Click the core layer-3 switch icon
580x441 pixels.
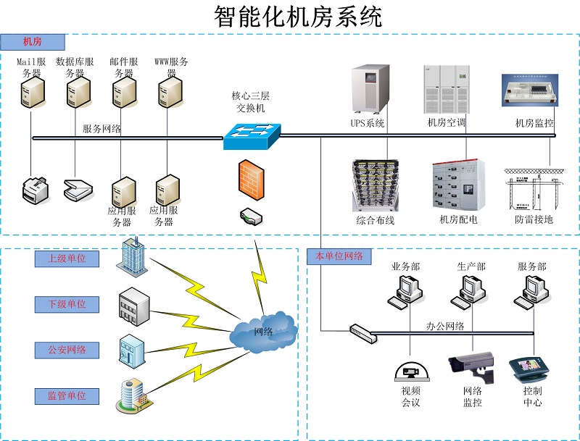point(251,135)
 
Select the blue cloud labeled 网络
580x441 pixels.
point(263,332)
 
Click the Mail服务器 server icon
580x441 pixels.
point(31,92)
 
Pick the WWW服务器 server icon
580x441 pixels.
point(169,92)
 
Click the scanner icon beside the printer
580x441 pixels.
point(78,188)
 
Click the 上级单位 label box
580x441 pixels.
point(67,259)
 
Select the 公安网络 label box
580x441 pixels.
point(67,350)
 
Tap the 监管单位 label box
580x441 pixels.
point(67,396)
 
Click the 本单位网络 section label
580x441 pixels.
point(339,256)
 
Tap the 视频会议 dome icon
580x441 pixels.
point(411,371)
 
